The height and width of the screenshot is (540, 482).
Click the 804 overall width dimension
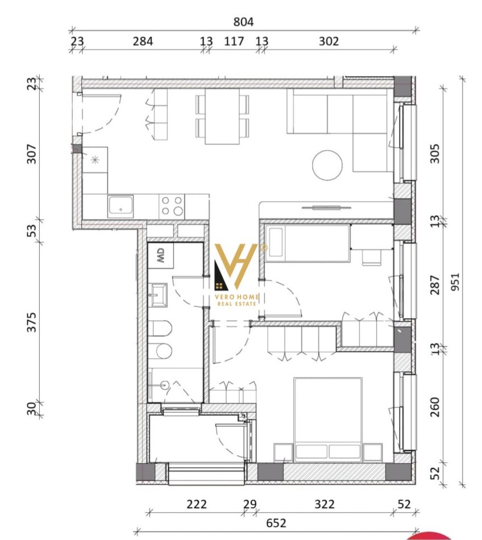click(243, 22)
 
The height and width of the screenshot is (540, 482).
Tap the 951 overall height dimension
click(455, 282)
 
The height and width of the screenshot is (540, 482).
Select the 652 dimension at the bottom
click(276, 524)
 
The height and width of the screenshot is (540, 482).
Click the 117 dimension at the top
click(234, 41)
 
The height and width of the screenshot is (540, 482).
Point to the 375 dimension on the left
click(31, 322)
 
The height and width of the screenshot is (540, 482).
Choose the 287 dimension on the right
click(435, 285)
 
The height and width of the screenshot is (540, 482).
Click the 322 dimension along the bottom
click(325, 505)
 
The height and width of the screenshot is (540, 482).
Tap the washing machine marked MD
click(160, 256)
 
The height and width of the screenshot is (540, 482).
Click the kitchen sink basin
click(120, 206)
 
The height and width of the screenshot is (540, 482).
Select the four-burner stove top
click(172, 206)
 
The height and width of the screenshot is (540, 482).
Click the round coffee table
click(327, 165)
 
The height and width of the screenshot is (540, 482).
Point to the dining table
click(222, 117)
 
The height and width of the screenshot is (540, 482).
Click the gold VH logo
click(236, 267)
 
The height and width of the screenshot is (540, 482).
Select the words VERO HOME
click(237, 297)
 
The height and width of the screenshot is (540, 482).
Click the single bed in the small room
click(308, 243)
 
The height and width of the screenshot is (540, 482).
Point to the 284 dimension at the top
click(143, 41)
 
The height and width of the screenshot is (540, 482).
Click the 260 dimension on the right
click(435, 407)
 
